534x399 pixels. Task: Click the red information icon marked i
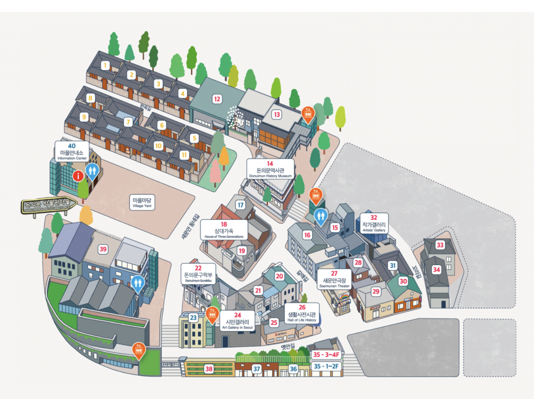pos(78,176)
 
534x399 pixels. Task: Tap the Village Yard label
pos(142,202)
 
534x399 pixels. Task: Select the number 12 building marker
pos(217,99)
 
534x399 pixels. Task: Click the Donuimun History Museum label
pos(270,169)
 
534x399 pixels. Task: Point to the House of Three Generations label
pos(224,230)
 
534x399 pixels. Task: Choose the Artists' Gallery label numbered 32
pos(374,223)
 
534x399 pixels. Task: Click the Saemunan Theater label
pos(334,279)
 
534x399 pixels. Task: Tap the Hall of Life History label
pos(302,313)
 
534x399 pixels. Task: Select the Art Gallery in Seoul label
pos(237,321)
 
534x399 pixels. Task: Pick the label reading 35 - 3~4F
pos(326,354)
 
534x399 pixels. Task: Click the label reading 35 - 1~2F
pos(326,366)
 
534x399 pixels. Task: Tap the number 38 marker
pos(209,369)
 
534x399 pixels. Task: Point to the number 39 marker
pos(103,249)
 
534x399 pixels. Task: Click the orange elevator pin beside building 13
pos(308,114)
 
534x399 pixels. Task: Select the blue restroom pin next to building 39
pos(138,283)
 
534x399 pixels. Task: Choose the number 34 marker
pos(436,269)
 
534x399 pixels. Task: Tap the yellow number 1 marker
pos(105,65)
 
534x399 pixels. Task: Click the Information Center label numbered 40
pos(72,151)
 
